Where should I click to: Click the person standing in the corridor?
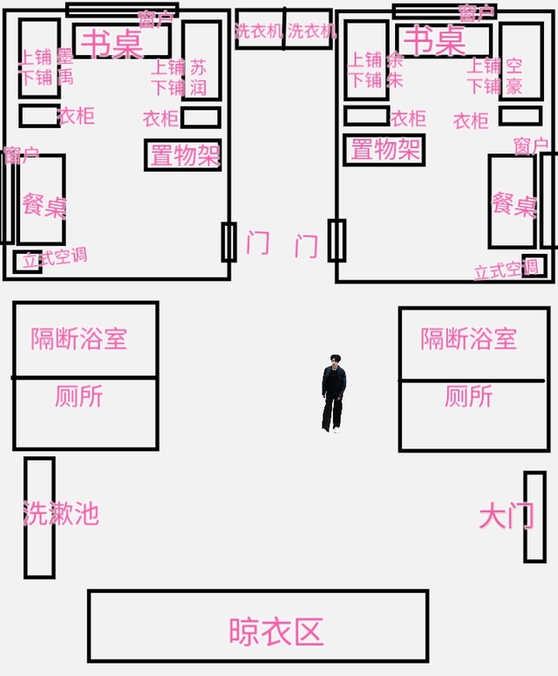pos(333,393)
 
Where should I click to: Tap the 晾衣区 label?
pos(276,631)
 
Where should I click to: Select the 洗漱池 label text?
pos(61,513)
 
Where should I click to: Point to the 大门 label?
pos(506,516)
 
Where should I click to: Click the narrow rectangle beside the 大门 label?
pos(534,516)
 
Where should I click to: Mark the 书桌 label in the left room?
pos(115,43)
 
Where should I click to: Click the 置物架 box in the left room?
pos(183,155)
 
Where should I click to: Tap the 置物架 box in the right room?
pos(384,149)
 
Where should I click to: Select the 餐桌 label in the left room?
pos(44,206)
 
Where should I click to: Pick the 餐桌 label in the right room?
pos(514,204)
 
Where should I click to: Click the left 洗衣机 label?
pos(259,31)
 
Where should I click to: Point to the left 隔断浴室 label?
pos(79,339)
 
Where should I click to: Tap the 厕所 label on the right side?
pos(468,397)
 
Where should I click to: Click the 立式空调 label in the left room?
pos(54,258)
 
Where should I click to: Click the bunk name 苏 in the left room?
pos(199,67)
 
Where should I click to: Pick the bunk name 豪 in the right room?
pos(514,85)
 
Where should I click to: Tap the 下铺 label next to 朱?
pos(365,80)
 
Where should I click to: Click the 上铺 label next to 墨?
pos(37,57)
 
